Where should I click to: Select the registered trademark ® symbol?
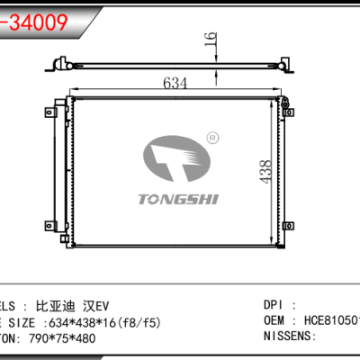[x=212, y=138]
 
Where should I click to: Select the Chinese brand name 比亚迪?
[x=60, y=304]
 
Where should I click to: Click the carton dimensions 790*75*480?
[x=74, y=337]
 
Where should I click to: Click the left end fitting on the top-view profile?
[x=63, y=64]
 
